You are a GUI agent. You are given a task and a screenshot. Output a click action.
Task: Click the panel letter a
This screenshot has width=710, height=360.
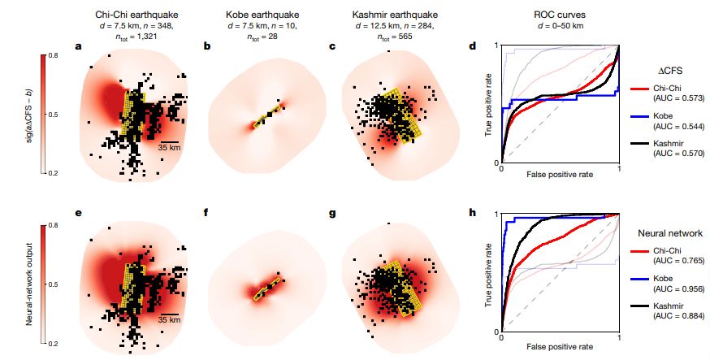coord(78,46)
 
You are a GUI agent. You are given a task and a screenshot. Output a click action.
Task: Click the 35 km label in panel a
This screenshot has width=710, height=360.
coord(169,148)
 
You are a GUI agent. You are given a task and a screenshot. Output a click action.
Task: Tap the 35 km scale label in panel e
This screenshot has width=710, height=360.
coord(169,319)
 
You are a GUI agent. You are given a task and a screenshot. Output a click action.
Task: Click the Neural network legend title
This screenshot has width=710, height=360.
coord(667,234)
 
